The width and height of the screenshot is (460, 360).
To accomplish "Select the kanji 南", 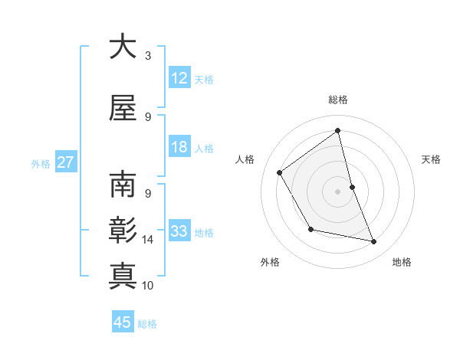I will pyautogui.click(x=123, y=185).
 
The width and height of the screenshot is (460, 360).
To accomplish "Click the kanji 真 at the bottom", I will pyautogui.click(x=123, y=274).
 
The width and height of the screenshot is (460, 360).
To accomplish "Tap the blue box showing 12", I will pyautogui.click(x=179, y=78).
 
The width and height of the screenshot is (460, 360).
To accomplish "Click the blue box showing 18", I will pyautogui.click(x=179, y=147).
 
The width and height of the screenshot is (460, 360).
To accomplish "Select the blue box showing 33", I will pyautogui.click(x=179, y=231).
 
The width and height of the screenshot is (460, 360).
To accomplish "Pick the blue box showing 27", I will pyautogui.click(x=65, y=162).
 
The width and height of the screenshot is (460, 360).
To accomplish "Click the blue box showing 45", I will pyautogui.click(x=123, y=322).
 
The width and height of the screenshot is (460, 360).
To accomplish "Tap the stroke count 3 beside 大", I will pyautogui.click(x=148, y=56).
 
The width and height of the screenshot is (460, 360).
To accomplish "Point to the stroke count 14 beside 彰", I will pyautogui.click(x=148, y=240).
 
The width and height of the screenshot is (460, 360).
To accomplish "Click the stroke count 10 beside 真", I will pyautogui.click(x=148, y=286).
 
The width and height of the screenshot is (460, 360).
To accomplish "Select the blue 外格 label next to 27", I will pyautogui.click(x=41, y=163).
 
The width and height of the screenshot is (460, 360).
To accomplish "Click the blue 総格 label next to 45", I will pyautogui.click(x=147, y=323).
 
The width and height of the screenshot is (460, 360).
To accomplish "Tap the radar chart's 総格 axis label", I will pyautogui.click(x=338, y=100).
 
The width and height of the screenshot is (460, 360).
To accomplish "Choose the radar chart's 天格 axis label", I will pyautogui.click(x=432, y=159).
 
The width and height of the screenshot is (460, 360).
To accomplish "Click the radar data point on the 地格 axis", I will pyautogui.click(x=374, y=242).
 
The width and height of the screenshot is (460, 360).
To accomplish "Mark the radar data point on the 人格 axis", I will pyautogui.click(x=280, y=172).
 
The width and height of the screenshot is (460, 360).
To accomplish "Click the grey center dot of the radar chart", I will pyautogui.click(x=337, y=191).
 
